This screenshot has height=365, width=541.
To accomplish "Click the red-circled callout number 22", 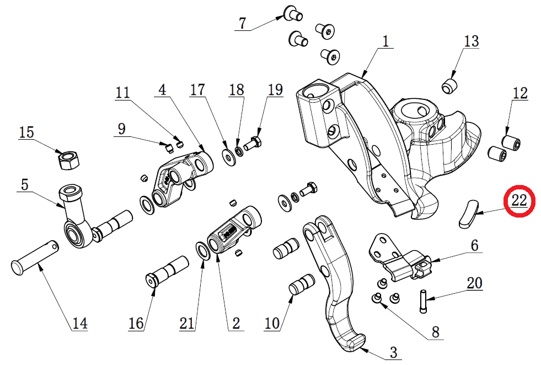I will pos(519,200).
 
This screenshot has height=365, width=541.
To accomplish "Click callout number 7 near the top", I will pos(242,23).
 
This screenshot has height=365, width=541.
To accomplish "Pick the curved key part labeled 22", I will pos(467,214).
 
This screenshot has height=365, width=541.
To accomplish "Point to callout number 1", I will pos(385,41).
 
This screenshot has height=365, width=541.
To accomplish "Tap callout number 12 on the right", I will pos(519,93).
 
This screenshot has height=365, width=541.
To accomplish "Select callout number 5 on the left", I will pos(24,185).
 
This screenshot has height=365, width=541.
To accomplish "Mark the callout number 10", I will pos(272,323).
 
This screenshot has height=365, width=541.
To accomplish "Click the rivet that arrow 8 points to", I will pos(376,299).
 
